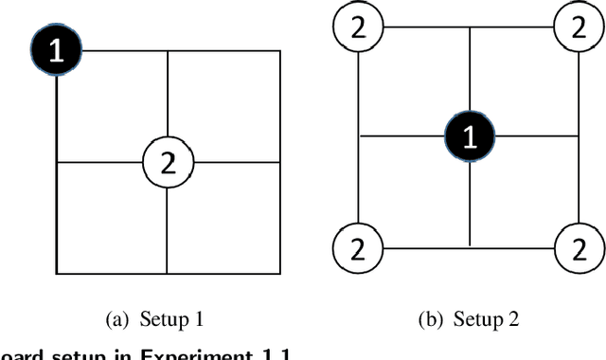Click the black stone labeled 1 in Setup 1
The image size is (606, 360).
57,51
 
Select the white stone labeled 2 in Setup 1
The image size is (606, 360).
168,162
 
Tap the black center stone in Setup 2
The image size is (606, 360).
471,136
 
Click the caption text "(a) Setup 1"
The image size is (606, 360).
168,319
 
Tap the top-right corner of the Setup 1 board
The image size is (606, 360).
281,51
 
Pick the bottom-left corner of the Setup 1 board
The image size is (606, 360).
57,272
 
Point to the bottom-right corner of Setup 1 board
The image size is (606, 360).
281,272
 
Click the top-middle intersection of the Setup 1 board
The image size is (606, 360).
168,51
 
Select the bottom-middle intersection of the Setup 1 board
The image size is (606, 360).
168,272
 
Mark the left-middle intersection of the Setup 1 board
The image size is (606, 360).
57,162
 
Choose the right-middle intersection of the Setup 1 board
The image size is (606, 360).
281,162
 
